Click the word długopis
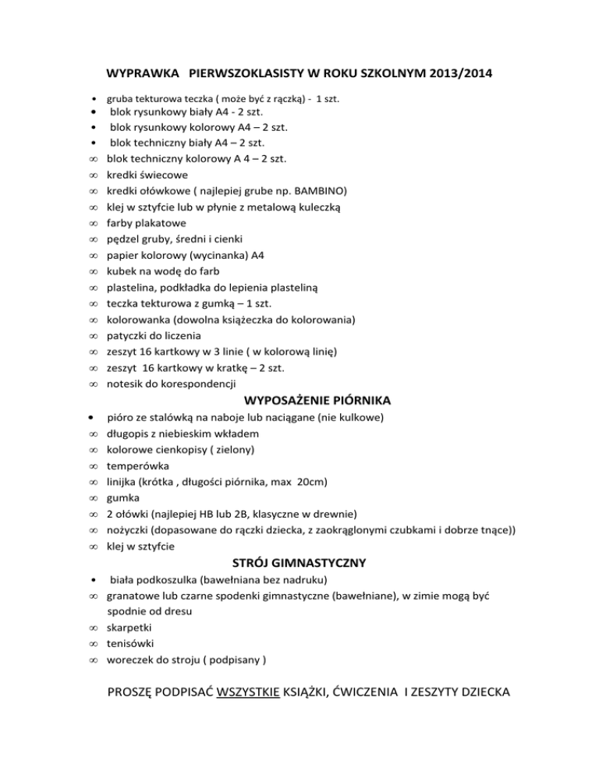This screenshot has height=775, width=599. [129, 434]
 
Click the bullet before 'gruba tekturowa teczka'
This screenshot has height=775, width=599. [94, 100]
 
